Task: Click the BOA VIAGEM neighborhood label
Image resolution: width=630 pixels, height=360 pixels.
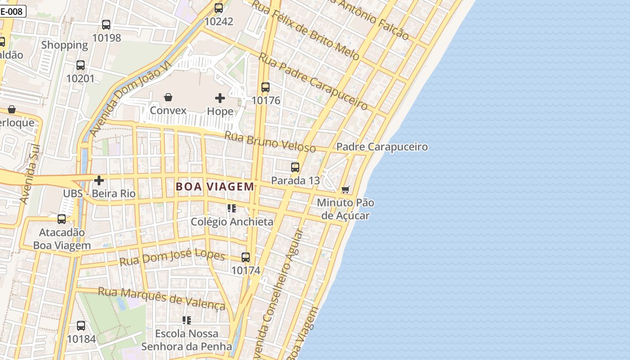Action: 215,186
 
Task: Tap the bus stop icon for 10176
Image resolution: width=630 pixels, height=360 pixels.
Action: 265,87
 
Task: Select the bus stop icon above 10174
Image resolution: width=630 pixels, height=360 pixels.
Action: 246,257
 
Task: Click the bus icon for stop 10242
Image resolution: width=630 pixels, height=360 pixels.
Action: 219,8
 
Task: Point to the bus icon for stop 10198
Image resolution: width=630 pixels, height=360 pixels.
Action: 106,25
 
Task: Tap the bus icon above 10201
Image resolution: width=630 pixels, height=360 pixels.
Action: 81,65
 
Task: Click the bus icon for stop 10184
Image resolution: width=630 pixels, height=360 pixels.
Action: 81,325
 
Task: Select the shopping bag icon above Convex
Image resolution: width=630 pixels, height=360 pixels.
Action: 168,97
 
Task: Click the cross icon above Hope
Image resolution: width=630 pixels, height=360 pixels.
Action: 220,98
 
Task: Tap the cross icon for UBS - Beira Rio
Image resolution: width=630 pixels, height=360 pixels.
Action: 99,180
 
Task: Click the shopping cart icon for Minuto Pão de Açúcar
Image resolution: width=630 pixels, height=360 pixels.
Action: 345,190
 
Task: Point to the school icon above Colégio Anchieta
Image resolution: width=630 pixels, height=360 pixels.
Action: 232,208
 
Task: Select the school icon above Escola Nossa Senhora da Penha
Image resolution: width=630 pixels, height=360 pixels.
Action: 187,320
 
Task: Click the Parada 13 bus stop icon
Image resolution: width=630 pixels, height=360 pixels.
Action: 295,167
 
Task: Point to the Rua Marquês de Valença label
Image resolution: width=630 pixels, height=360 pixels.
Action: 162,298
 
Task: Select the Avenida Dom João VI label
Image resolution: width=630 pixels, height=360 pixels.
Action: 130,99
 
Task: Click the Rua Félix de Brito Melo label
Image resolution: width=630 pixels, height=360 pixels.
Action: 306,31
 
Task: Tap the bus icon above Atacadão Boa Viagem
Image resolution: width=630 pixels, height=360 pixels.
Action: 62,219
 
